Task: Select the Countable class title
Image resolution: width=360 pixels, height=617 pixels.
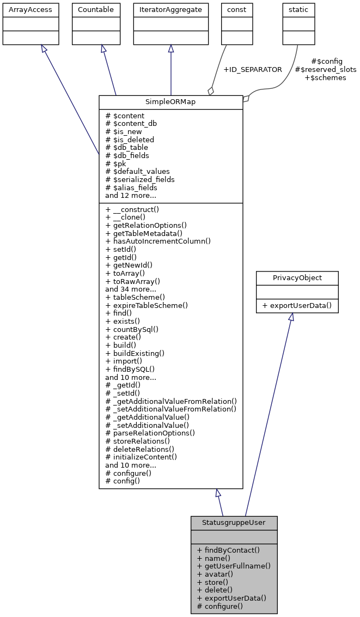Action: [96, 9]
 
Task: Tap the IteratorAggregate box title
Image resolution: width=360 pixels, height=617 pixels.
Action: [171, 9]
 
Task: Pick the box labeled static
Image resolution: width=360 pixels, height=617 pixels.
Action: [299, 9]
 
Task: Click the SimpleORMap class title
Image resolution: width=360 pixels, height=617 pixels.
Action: [170, 102]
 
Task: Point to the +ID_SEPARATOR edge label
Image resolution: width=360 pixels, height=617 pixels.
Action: [253, 70]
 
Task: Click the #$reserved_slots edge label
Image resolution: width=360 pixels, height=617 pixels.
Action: [325, 70]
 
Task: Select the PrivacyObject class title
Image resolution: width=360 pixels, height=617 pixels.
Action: [297, 278]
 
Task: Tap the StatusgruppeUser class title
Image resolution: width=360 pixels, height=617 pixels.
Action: [234, 523]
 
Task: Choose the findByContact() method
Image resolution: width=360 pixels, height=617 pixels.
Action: [228, 550]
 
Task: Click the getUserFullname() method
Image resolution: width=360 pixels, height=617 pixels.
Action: [234, 566]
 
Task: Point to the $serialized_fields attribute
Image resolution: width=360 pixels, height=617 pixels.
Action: [140, 179]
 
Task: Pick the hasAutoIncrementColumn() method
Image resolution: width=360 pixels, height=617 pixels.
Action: [158, 241]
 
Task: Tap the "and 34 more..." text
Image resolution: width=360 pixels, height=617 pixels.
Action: [131, 289]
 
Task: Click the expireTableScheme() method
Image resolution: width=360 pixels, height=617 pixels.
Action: [147, 305]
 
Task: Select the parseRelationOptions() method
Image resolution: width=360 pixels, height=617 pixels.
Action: [150, 433]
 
